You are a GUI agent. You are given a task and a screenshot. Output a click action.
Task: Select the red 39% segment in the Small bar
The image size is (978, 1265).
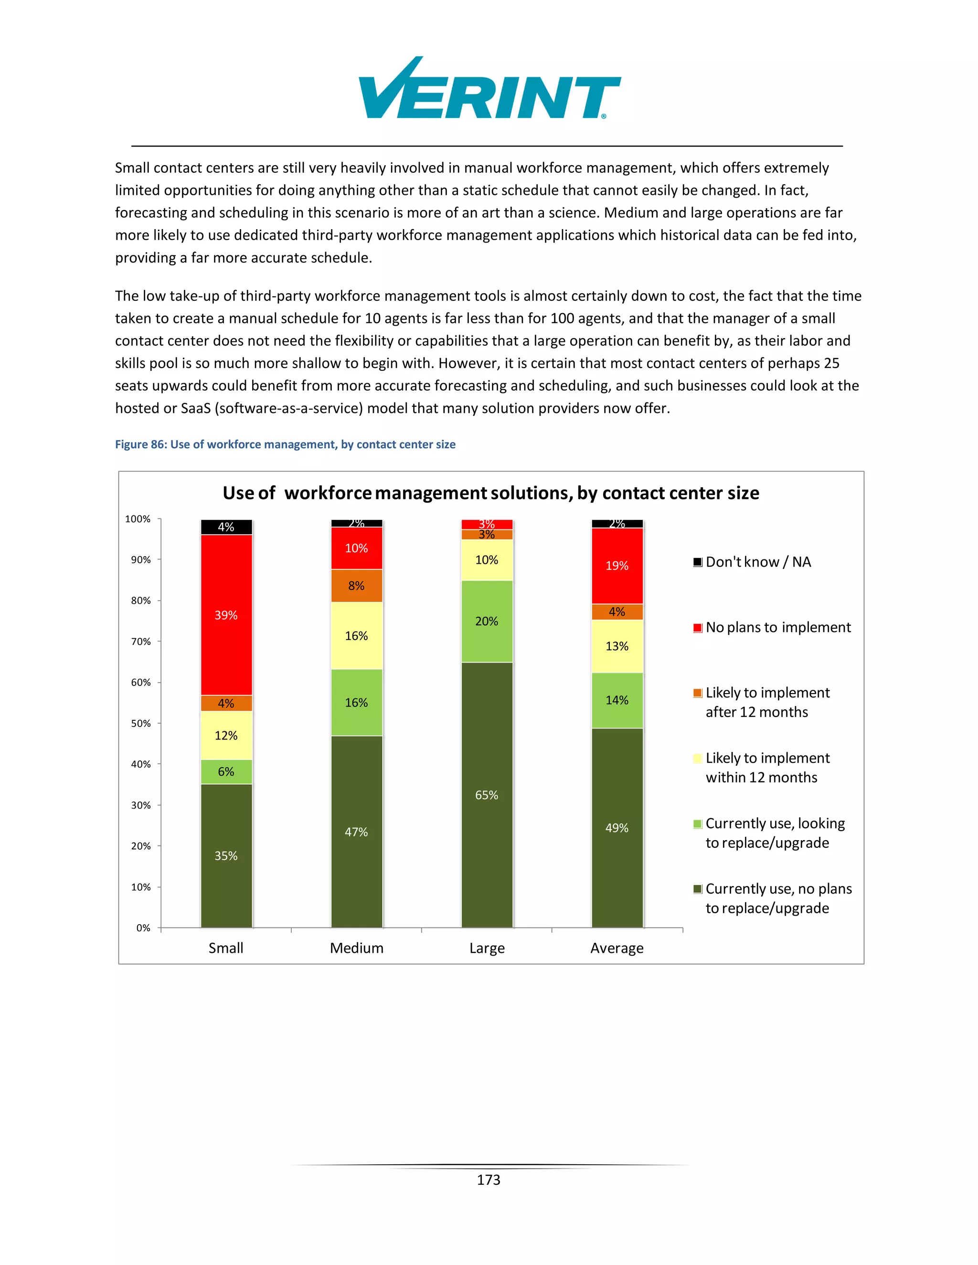pos(226,615)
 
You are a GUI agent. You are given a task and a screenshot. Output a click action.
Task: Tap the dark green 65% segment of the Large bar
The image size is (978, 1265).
pos(487,795)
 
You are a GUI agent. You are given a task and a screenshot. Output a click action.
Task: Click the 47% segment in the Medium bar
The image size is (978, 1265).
pos(356,832)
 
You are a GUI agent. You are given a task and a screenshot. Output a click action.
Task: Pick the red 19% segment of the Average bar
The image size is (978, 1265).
pos(617,566)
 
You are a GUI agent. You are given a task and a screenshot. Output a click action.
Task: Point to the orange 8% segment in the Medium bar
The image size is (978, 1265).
pos(356,586)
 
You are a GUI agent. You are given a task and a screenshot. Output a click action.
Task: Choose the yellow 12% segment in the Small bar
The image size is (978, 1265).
pos(226,736)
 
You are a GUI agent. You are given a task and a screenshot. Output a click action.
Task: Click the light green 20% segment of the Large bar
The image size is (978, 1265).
pos(487,622)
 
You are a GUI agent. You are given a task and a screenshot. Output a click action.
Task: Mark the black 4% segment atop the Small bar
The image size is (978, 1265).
pos(226,527)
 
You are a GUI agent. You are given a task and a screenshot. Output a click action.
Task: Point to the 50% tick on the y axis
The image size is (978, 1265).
pos(141,723)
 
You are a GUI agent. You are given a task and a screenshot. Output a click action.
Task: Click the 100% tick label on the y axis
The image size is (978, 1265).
pos(138,519)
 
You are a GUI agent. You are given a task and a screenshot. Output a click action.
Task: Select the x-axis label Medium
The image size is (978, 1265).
pos(356,948)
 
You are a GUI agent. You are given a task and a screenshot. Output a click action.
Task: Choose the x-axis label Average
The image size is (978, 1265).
pos(617,948)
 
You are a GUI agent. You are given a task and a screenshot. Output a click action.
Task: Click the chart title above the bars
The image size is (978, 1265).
pos(491,493)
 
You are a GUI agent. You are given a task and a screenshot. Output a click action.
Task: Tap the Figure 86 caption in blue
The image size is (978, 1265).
pos(285,444)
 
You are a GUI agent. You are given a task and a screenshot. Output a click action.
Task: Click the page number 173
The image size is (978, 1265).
pos(489,1180)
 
